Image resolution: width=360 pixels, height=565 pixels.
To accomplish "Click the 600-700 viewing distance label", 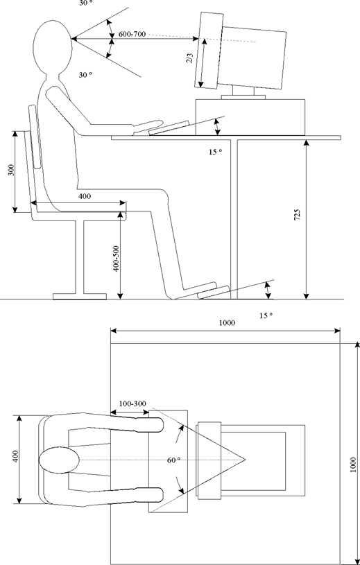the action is [x=132, y=34].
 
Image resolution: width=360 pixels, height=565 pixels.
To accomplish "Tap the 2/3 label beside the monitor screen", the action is [x=190, y=58].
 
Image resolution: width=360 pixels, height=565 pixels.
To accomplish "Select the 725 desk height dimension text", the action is [x=298, y=214].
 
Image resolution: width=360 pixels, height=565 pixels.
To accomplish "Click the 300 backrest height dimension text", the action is [x=11, y=170].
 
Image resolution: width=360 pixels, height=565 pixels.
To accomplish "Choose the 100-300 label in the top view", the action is [x=132, y=403].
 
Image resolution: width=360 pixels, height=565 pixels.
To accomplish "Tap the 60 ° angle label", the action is [x=173, y=460].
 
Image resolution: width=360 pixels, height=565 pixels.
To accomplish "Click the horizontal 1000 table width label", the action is [x=227, y=323].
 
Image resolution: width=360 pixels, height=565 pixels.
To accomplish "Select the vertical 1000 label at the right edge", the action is [x=353, y=465].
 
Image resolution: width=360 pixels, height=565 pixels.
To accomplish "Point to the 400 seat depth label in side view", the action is [x=85, y=196].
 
